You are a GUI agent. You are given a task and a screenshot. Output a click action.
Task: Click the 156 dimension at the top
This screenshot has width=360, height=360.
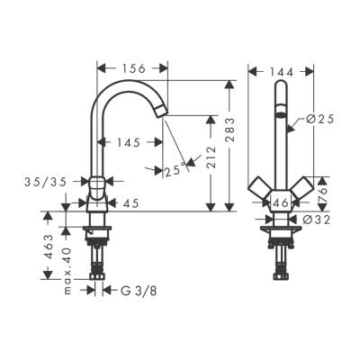pos(133,68)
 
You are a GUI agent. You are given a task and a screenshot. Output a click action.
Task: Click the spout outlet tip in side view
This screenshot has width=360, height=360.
pos(161,111)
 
